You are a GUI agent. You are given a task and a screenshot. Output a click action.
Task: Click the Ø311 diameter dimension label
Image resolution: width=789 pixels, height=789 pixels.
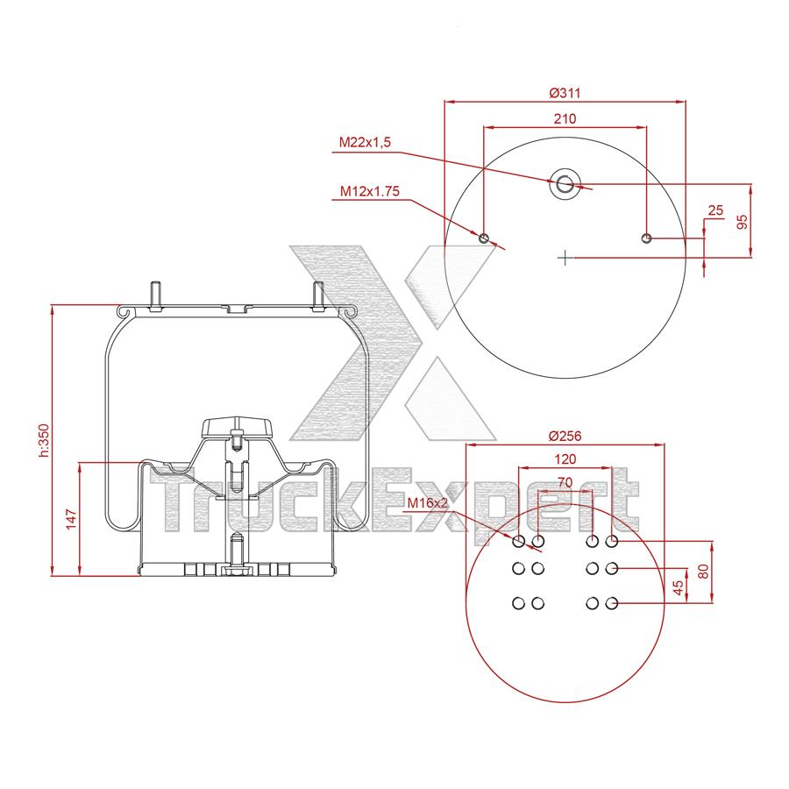565,93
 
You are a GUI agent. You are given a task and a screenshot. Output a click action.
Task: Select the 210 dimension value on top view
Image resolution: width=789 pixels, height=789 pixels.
565,118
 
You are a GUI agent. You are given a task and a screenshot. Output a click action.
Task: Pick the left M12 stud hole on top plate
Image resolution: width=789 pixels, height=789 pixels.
484,238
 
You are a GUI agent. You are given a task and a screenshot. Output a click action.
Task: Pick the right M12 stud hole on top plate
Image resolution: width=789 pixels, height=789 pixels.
646,238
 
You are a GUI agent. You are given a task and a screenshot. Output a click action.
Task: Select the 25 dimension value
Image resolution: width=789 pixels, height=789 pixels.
714,210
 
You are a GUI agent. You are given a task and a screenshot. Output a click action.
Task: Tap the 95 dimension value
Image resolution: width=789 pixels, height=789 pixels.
743,220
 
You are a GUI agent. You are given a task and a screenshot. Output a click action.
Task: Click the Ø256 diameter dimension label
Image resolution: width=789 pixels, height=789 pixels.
565,437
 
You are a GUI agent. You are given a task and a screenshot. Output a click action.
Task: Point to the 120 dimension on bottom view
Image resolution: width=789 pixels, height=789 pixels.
565,459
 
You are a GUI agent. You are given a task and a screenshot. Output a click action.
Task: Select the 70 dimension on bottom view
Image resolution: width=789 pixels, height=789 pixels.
565,481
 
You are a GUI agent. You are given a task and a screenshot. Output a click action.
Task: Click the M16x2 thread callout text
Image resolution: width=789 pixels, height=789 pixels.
428,503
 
